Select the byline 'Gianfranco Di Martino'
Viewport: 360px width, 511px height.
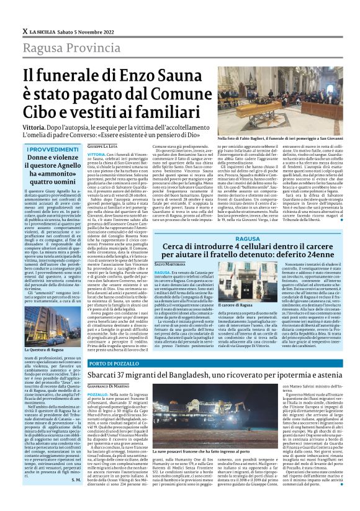[x=110, y=386]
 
